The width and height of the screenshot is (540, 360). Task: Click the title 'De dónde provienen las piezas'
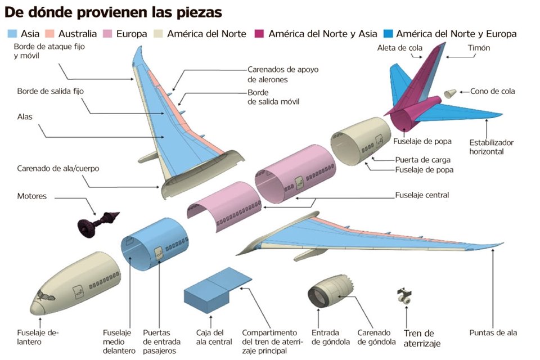pos(113,12)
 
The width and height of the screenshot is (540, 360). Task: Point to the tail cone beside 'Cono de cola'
pos(449,93)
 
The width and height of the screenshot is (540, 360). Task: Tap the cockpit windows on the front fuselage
pos(44,296)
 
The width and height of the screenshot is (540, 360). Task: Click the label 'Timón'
pos(479,48)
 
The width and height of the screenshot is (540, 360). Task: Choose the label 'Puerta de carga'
pos(417,159)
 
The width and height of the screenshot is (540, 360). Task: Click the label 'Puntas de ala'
pos(493,332)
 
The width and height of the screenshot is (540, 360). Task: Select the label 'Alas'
pos(25,117)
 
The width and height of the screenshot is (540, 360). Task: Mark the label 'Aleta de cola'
pos(399,48)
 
